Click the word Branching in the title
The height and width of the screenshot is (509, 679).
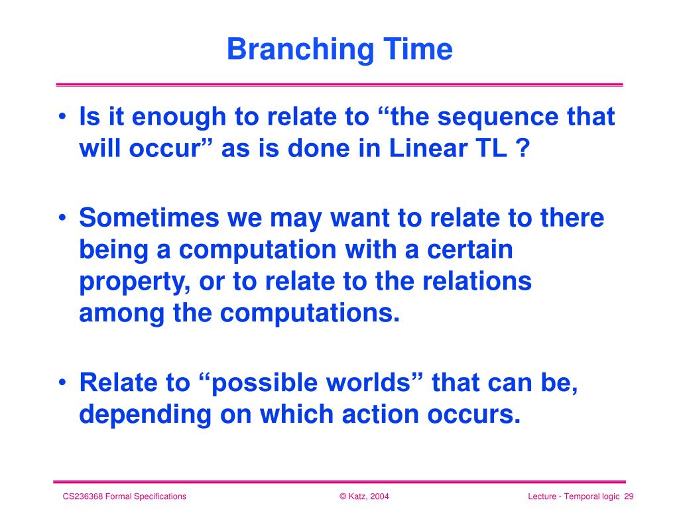click(300, 50)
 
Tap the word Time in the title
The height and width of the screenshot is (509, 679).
click(418, 49)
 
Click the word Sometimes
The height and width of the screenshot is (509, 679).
click(149, 217)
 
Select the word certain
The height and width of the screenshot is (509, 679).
click(470, 249)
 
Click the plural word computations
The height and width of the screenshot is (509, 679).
click(310, 313)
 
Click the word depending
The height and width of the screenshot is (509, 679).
click(145, 416)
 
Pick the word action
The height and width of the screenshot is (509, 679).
click(380, 414)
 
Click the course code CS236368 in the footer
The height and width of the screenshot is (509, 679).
click(83, 496)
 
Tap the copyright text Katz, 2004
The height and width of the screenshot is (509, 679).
click(369, 496)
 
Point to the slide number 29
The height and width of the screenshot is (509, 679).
click(629, 496)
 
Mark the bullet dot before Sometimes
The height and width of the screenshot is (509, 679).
click(63, 217)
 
